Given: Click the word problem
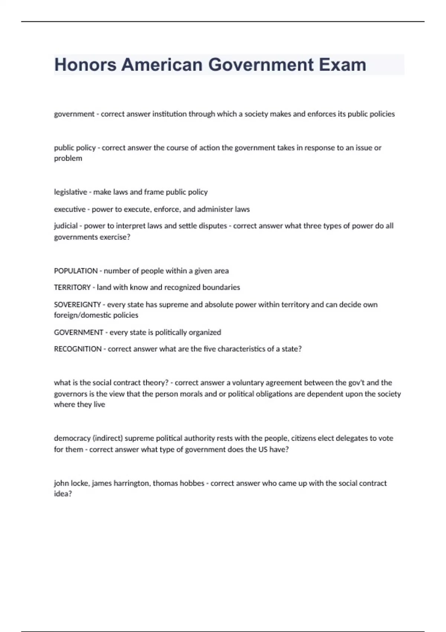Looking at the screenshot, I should click(x=68, y=158).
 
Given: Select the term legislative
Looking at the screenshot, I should click(x=70, y=192).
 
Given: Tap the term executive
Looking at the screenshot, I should click(x=70, y=209).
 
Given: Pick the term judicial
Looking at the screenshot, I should click(x=66, y=226).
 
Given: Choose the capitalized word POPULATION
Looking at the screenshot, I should click(x=76, y=271).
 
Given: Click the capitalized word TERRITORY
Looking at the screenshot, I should click(x=72, y=287).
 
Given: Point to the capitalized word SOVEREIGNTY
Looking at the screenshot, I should click(x=77, y=305).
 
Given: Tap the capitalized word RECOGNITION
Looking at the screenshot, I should click(x=78, y=349).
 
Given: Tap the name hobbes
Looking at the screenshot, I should click(x=193, y=483).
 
